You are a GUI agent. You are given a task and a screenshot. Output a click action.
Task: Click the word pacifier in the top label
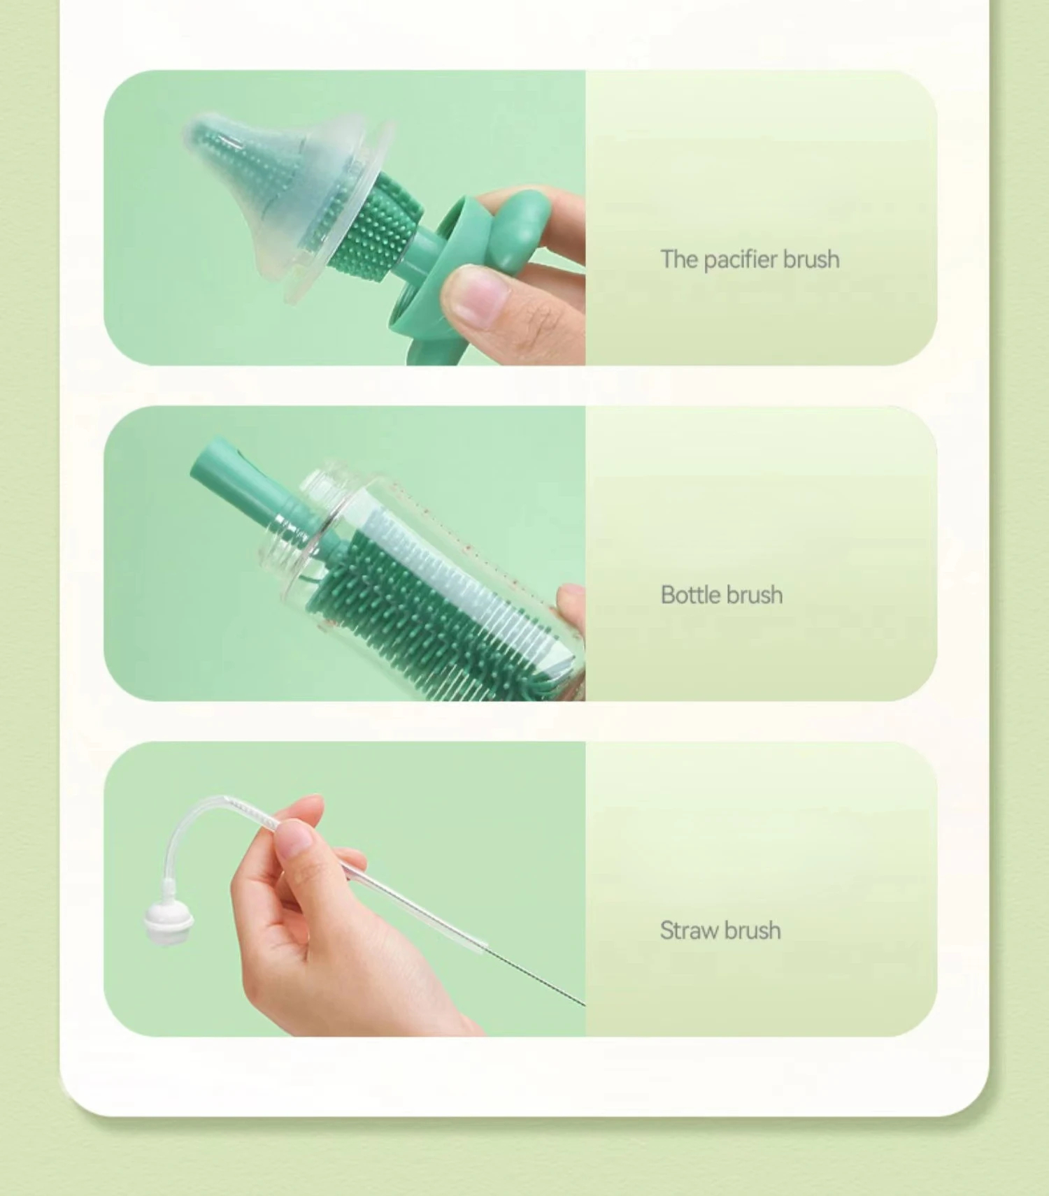(741, 260)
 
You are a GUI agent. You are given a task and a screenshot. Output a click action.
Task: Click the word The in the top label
(678, 259)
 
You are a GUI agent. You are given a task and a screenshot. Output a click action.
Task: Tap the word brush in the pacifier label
(811, 259)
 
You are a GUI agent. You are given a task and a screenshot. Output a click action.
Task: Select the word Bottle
(687, 595)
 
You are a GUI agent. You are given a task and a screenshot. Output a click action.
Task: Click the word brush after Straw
(752, 930)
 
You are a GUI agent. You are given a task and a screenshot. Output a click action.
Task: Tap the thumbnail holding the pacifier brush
(345, 217)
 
